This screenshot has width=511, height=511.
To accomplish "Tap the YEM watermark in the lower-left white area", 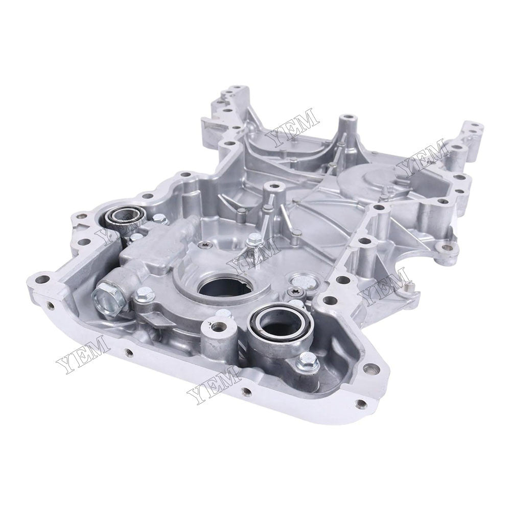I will tap(82, 354).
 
